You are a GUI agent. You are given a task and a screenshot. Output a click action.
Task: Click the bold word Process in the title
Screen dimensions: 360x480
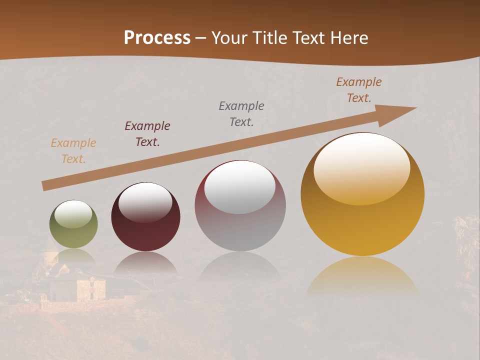click(157, 38)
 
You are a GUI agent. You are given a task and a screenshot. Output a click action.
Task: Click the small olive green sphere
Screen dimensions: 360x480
click(73, 224)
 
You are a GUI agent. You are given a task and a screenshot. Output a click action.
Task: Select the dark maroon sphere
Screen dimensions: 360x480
click(145, 217)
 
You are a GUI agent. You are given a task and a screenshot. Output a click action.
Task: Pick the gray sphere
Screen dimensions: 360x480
click(240, 205)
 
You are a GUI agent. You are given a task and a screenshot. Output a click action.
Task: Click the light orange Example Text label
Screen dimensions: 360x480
click(73, 151)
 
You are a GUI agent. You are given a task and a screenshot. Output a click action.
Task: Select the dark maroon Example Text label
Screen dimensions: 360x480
click(147, 133)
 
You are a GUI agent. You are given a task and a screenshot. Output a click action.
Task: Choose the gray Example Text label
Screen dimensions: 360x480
click(241, 113)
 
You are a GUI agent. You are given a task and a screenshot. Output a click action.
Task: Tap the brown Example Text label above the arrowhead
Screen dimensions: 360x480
click(359, 89)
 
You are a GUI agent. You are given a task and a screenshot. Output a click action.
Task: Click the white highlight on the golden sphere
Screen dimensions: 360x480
click(361, 167)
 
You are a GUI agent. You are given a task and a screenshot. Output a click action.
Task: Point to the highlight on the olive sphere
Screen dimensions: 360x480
click(73, 214)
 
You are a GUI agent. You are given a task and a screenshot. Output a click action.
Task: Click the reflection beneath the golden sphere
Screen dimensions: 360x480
click(362, 277)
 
